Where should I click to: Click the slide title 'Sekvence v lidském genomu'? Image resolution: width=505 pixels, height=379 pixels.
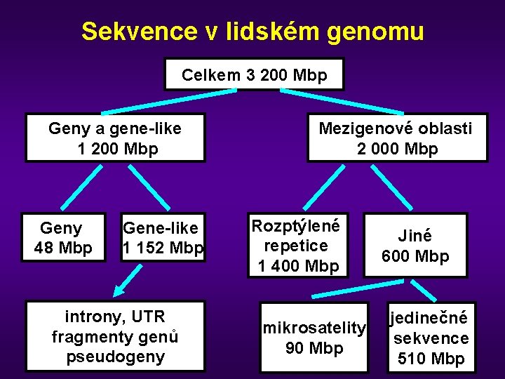[252, 32]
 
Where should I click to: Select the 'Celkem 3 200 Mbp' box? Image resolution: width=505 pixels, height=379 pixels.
[254, 74]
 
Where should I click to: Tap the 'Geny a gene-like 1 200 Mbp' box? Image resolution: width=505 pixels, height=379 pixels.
[115, 138]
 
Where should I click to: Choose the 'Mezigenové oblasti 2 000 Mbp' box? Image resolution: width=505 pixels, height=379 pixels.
[397, 138]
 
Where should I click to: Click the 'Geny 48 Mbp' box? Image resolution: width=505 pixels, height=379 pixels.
[62, 237]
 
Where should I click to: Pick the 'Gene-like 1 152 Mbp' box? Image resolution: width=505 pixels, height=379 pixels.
[163, 237]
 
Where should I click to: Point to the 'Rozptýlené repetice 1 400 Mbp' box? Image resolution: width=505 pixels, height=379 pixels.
[297, 246]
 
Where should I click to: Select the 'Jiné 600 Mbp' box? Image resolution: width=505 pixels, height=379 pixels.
[415, 246]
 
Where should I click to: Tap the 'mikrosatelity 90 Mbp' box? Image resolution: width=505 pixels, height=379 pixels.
[314, 338]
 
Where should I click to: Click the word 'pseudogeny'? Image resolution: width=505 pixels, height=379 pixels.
[115, 357]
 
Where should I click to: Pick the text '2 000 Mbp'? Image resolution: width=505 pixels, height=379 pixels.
[397, 149]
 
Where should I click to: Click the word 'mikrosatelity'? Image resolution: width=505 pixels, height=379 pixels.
[314, 328]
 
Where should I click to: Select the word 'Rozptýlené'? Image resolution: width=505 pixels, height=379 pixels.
[295, 227]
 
